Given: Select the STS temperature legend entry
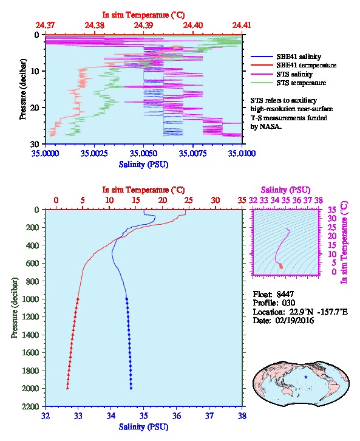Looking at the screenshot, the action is coord(288,83).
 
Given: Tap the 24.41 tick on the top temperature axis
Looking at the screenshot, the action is coord(242,25).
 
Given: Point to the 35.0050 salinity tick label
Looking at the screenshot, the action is coord(143,153).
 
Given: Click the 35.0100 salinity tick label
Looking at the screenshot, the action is coord(242,153).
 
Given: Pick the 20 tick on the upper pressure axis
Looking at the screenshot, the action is coord(36,108).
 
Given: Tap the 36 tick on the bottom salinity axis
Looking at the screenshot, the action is coord(177,415).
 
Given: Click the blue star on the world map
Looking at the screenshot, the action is coord(306,377).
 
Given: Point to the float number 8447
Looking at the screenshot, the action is coord(285,294).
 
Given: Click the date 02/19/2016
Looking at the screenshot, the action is coord(294,320).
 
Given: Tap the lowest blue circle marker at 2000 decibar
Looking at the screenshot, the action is coord(131,388).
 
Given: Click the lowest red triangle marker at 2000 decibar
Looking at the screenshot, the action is coord(67,388).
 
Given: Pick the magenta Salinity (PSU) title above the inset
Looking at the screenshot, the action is coord(285,190).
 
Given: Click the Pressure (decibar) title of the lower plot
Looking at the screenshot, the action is coord(14,308).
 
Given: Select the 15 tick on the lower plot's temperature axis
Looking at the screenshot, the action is coord(136,200).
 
